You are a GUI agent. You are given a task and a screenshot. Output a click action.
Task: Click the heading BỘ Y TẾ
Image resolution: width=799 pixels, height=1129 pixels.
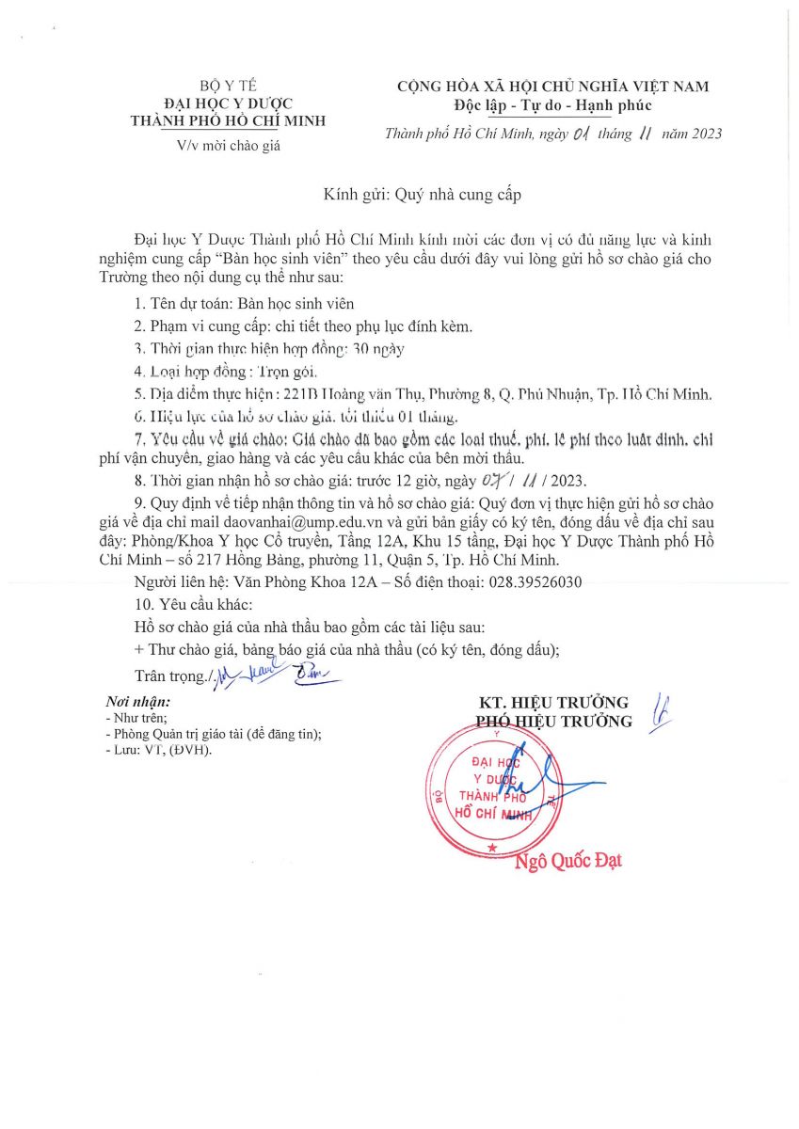tap(229, 86)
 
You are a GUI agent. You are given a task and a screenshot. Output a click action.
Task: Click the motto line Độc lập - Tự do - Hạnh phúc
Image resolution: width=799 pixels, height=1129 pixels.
tap(552, 105)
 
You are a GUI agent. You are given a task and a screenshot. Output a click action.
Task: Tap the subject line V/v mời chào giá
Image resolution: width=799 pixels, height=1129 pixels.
tap(229, 145)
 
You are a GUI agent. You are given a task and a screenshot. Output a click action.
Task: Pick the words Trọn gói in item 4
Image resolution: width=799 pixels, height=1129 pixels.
tap(270, 371)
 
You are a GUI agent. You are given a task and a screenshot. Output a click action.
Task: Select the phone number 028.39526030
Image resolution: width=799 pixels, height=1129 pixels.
tap(535, 582)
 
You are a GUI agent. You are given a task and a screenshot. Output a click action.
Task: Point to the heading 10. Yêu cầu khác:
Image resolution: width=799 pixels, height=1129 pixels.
tap(194, 604)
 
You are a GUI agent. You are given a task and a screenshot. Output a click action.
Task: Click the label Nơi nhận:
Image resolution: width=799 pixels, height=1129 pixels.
tap(138, 702)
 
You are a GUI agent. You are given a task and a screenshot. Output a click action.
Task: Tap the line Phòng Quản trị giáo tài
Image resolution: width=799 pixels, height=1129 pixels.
tap(214, 735)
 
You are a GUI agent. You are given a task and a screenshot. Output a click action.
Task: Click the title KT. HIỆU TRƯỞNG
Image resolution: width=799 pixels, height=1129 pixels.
tap(553, 703)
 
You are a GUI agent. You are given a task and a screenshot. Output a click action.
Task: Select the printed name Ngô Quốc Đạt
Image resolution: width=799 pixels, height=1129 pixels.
tap(567, 860)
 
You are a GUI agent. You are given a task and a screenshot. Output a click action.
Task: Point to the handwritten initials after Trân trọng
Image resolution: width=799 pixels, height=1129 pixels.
tap(273, 672)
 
